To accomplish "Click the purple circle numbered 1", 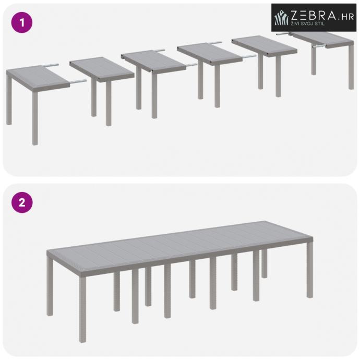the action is [22, 22].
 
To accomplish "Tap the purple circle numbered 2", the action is [22, 202].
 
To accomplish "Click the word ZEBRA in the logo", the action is [313, 15].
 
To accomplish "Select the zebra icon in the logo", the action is [282, 17].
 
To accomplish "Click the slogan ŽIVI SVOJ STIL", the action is [307, 23].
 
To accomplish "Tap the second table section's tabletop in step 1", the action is [102, 69].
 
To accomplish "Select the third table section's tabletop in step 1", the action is [153, 62].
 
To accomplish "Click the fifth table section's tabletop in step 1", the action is [265, 46].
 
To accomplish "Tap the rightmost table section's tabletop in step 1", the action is [323, 40].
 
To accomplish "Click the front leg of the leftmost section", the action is [35, 118].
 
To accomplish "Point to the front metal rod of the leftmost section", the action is [78, 81].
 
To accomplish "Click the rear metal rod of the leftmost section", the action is [51, 65].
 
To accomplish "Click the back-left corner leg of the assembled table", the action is [50, 286].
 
